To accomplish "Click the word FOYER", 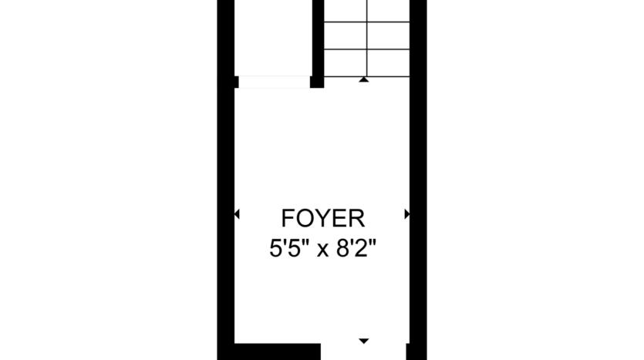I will click(x=322, y=219).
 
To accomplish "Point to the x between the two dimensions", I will click(x=322, y=251).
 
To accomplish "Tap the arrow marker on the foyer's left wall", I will click(x=237, y=214).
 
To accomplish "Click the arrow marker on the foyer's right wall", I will click(x=406, y=214).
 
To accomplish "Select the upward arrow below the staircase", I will click(x=364, y=79).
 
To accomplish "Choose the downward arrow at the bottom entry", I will click(x=364, y=340).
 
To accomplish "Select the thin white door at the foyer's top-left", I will click(x=274, y=82).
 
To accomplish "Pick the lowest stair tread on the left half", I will click(x=345, y=63).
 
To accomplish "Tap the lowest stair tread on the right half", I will click(x=387, y=63).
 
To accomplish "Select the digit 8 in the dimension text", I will click(x=339, y=250).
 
